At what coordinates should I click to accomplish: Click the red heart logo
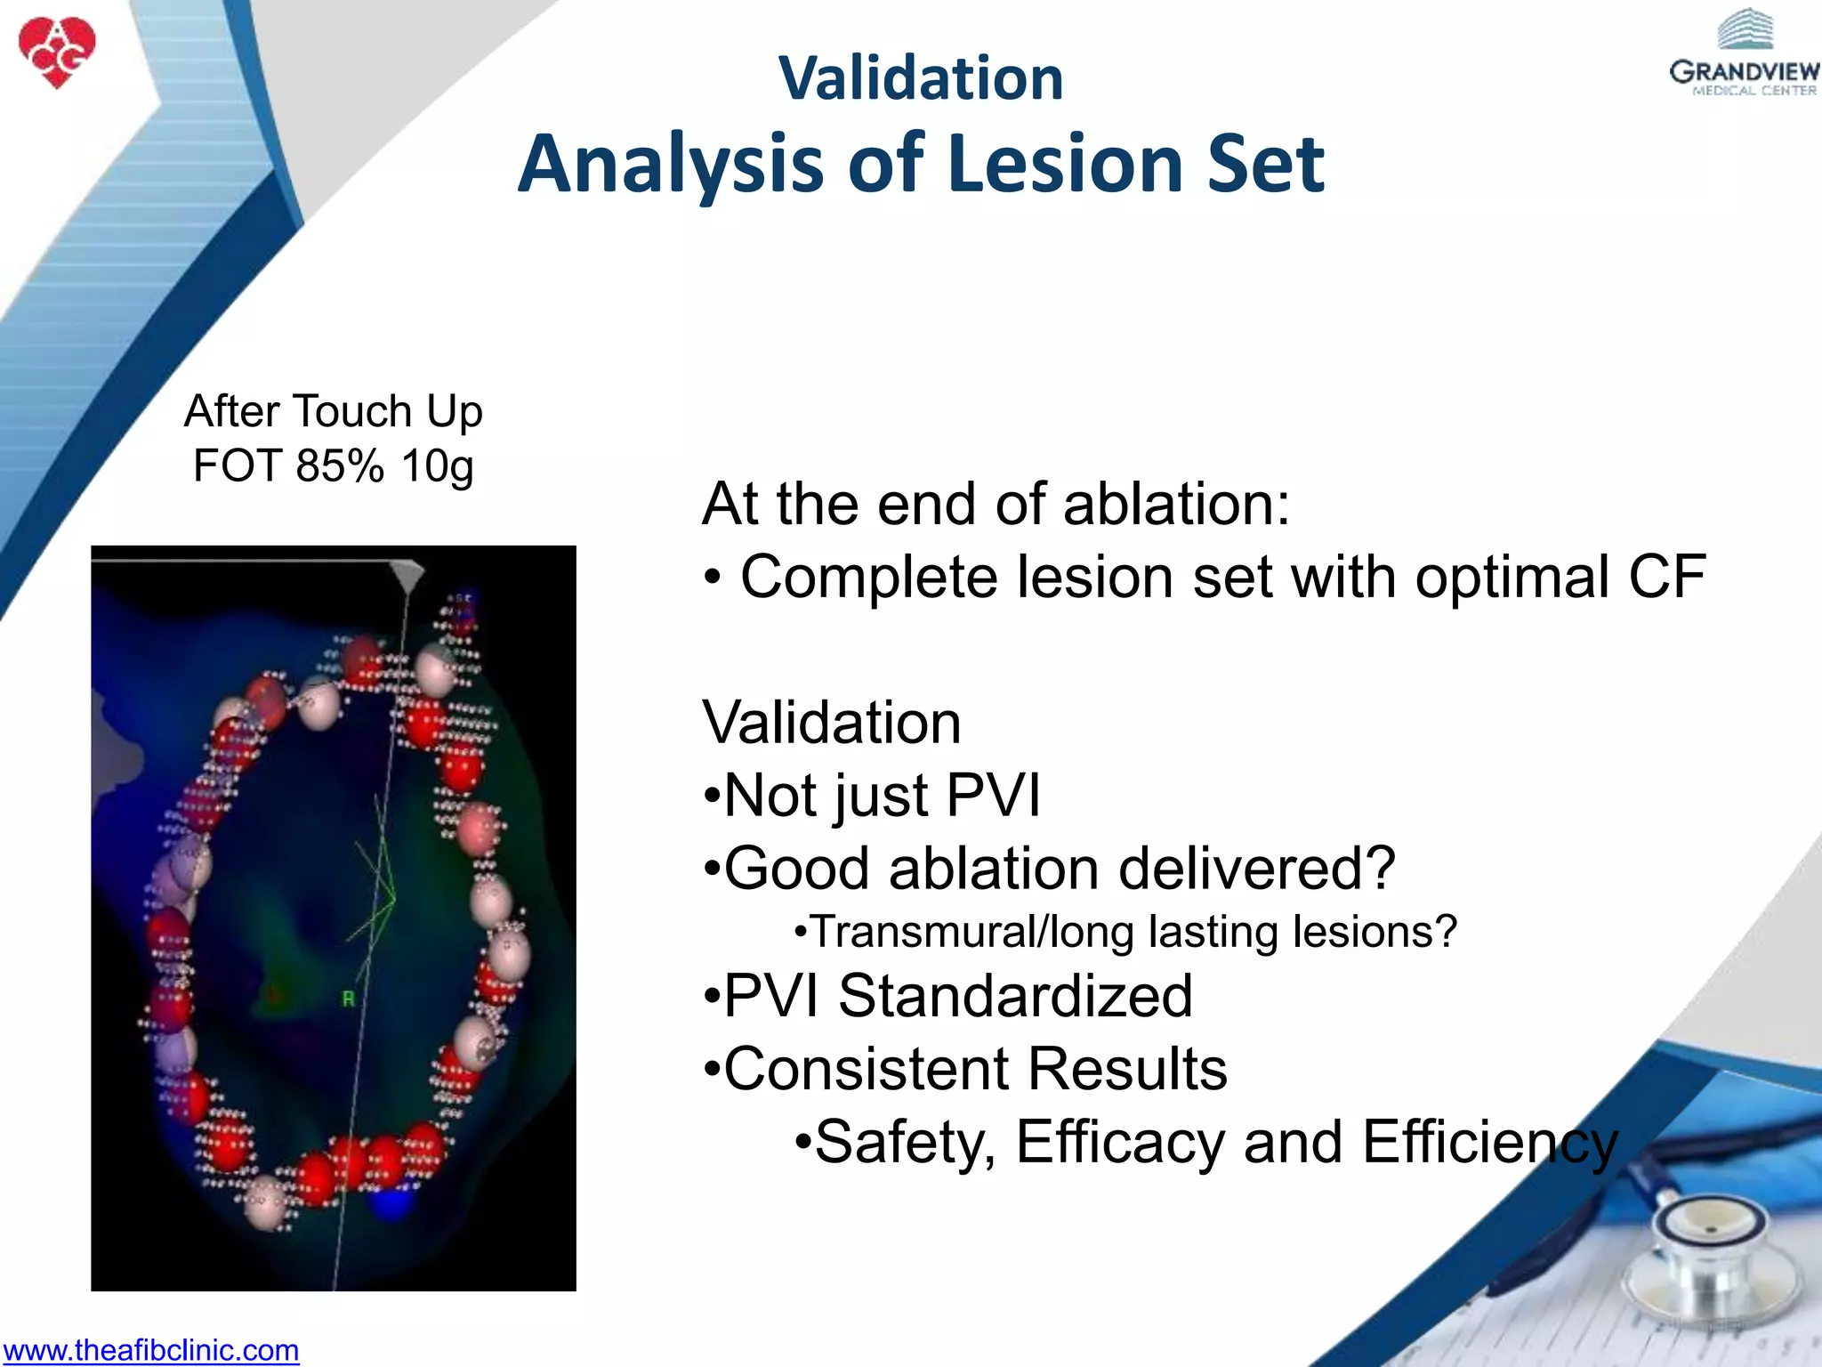[x=56, y=52]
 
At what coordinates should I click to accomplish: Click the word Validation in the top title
[x=921, y=78]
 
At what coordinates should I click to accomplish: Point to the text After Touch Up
[x=333, y=411]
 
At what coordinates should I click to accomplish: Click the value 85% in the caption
[x=340, y=465]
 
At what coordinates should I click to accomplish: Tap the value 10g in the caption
[x=437, y=465]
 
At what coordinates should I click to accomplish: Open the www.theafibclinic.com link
[x=150, y=1350]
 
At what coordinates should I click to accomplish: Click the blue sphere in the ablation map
[x=391, y=1203]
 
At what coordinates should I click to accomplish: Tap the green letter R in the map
[x=349, y=999]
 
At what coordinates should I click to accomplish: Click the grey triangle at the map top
[x=408, y=575]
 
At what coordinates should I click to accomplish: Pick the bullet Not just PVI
[x=872, y=795]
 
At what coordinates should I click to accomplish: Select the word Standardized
[x=1014, y=996]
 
